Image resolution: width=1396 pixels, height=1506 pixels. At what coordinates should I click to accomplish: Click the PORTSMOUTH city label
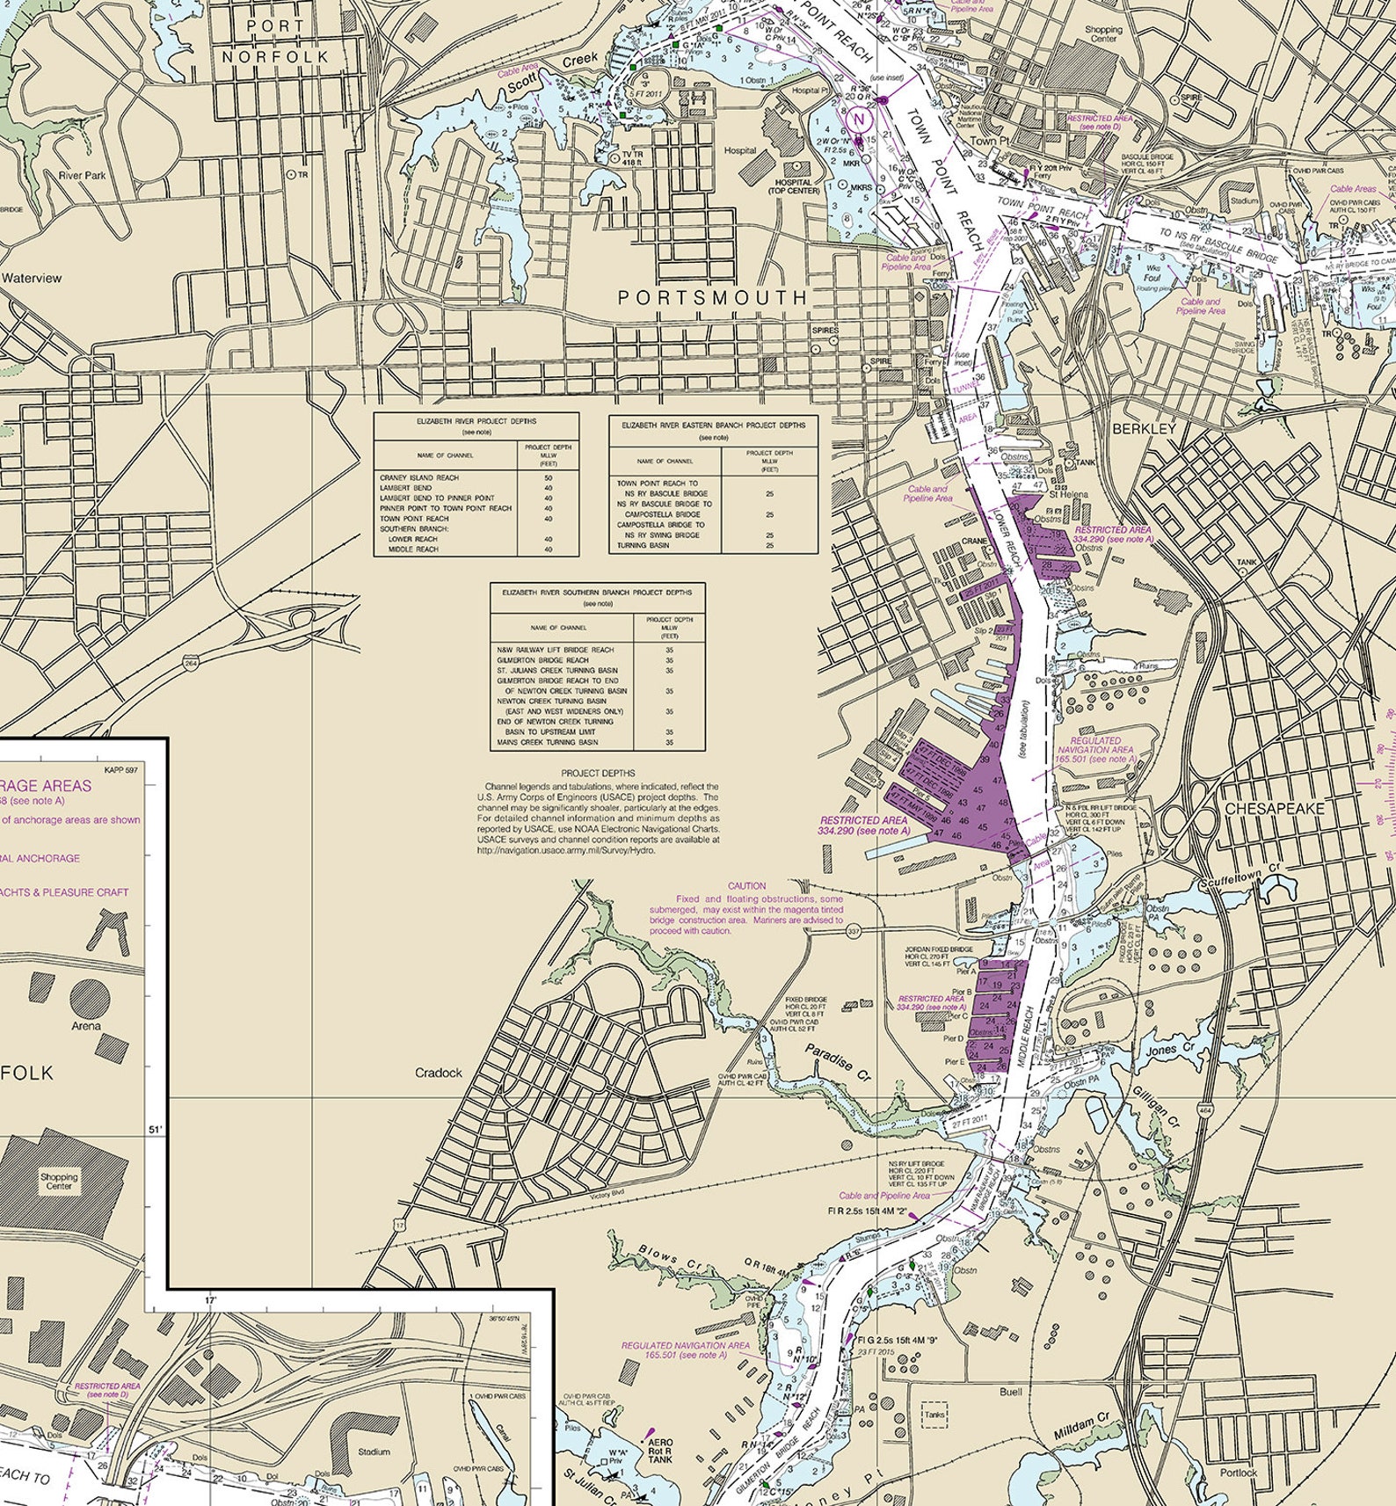[712, 298]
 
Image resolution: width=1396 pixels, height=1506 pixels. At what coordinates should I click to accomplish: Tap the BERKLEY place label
[1144, 428]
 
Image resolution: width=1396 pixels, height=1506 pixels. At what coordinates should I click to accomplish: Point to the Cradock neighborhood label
[438, 1073]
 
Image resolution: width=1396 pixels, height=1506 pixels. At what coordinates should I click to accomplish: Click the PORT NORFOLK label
[275, 41]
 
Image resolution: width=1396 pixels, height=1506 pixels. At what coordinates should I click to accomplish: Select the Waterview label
[32, 278]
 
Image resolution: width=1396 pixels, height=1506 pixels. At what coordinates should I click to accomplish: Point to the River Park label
[82, 175]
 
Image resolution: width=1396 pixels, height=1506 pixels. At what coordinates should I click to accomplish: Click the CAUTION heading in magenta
[746, 886]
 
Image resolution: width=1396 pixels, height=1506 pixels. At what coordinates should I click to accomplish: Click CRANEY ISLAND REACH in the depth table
[418, 477]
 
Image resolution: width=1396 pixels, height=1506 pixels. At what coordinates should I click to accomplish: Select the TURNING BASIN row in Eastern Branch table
[643, 545]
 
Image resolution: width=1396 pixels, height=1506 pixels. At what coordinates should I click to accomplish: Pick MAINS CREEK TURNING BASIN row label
[548, 742]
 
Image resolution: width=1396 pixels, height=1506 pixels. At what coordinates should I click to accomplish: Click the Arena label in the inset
[86, 1025]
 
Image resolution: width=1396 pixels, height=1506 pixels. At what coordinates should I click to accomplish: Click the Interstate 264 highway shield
[191, 664]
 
